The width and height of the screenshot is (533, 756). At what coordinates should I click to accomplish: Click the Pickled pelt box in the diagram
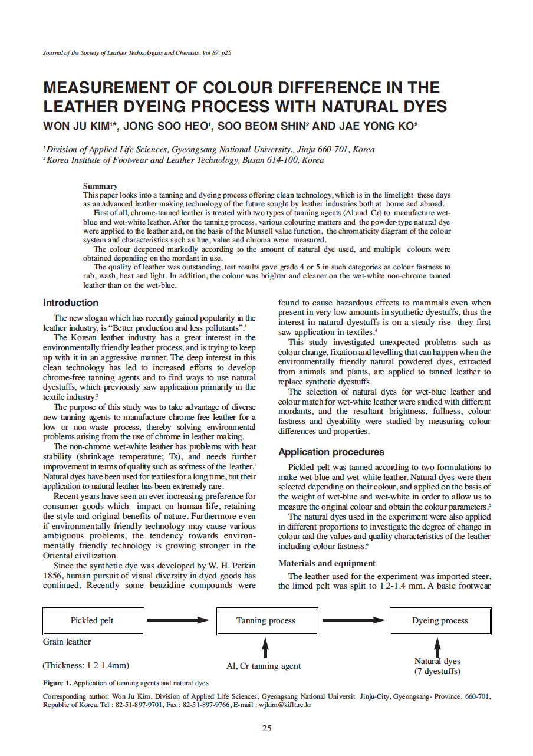[92, 620]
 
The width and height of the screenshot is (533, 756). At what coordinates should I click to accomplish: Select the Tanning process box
[266, 620]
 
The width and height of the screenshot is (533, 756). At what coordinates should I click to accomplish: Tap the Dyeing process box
[440, 620]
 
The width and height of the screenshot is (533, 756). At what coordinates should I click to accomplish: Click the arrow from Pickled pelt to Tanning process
[177, 620]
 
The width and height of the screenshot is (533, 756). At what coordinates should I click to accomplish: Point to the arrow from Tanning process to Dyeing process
[353, 620]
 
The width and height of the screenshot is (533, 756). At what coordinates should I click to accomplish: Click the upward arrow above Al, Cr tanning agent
[265, 648]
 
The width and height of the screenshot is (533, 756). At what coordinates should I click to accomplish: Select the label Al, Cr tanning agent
[264, 666]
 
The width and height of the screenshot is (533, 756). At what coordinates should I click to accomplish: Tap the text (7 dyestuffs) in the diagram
[437, 672]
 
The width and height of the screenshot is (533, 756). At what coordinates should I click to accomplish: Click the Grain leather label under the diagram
[67, 642]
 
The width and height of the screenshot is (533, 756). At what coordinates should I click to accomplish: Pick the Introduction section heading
[71, 303]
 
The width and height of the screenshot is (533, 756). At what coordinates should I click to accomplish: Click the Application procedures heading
[331, 452]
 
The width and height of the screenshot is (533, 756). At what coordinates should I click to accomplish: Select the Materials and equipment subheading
[327, 564]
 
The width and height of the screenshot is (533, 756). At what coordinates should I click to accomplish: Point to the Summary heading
[100, 186]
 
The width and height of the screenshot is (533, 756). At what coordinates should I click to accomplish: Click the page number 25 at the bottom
[266, 728]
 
